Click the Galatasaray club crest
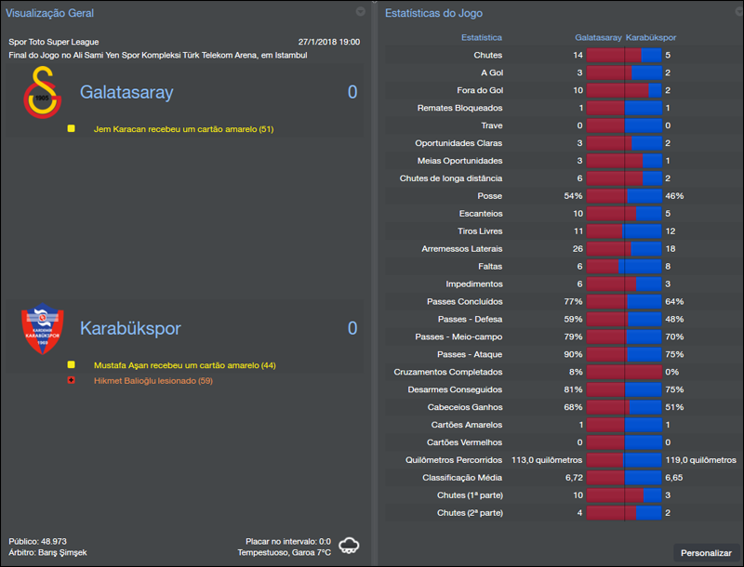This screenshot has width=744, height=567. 41,94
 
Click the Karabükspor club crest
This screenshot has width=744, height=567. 41,330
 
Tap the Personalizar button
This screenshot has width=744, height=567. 706,553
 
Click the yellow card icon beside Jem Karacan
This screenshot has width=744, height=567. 72,129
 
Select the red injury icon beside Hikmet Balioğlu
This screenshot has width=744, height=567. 72,381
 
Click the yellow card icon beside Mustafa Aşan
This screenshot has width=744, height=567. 72,365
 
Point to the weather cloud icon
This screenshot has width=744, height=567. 350,546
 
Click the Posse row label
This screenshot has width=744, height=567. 489,196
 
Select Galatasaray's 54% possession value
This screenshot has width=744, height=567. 573,196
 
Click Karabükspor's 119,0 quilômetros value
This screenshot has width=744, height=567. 703,460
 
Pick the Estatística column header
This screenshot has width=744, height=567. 482,38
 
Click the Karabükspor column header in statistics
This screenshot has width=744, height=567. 651,38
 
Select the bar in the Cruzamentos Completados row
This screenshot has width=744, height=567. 623,372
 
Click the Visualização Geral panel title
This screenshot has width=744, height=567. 50,13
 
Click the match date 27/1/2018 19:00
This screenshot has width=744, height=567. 328,42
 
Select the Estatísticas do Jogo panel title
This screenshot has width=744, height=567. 433,13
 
